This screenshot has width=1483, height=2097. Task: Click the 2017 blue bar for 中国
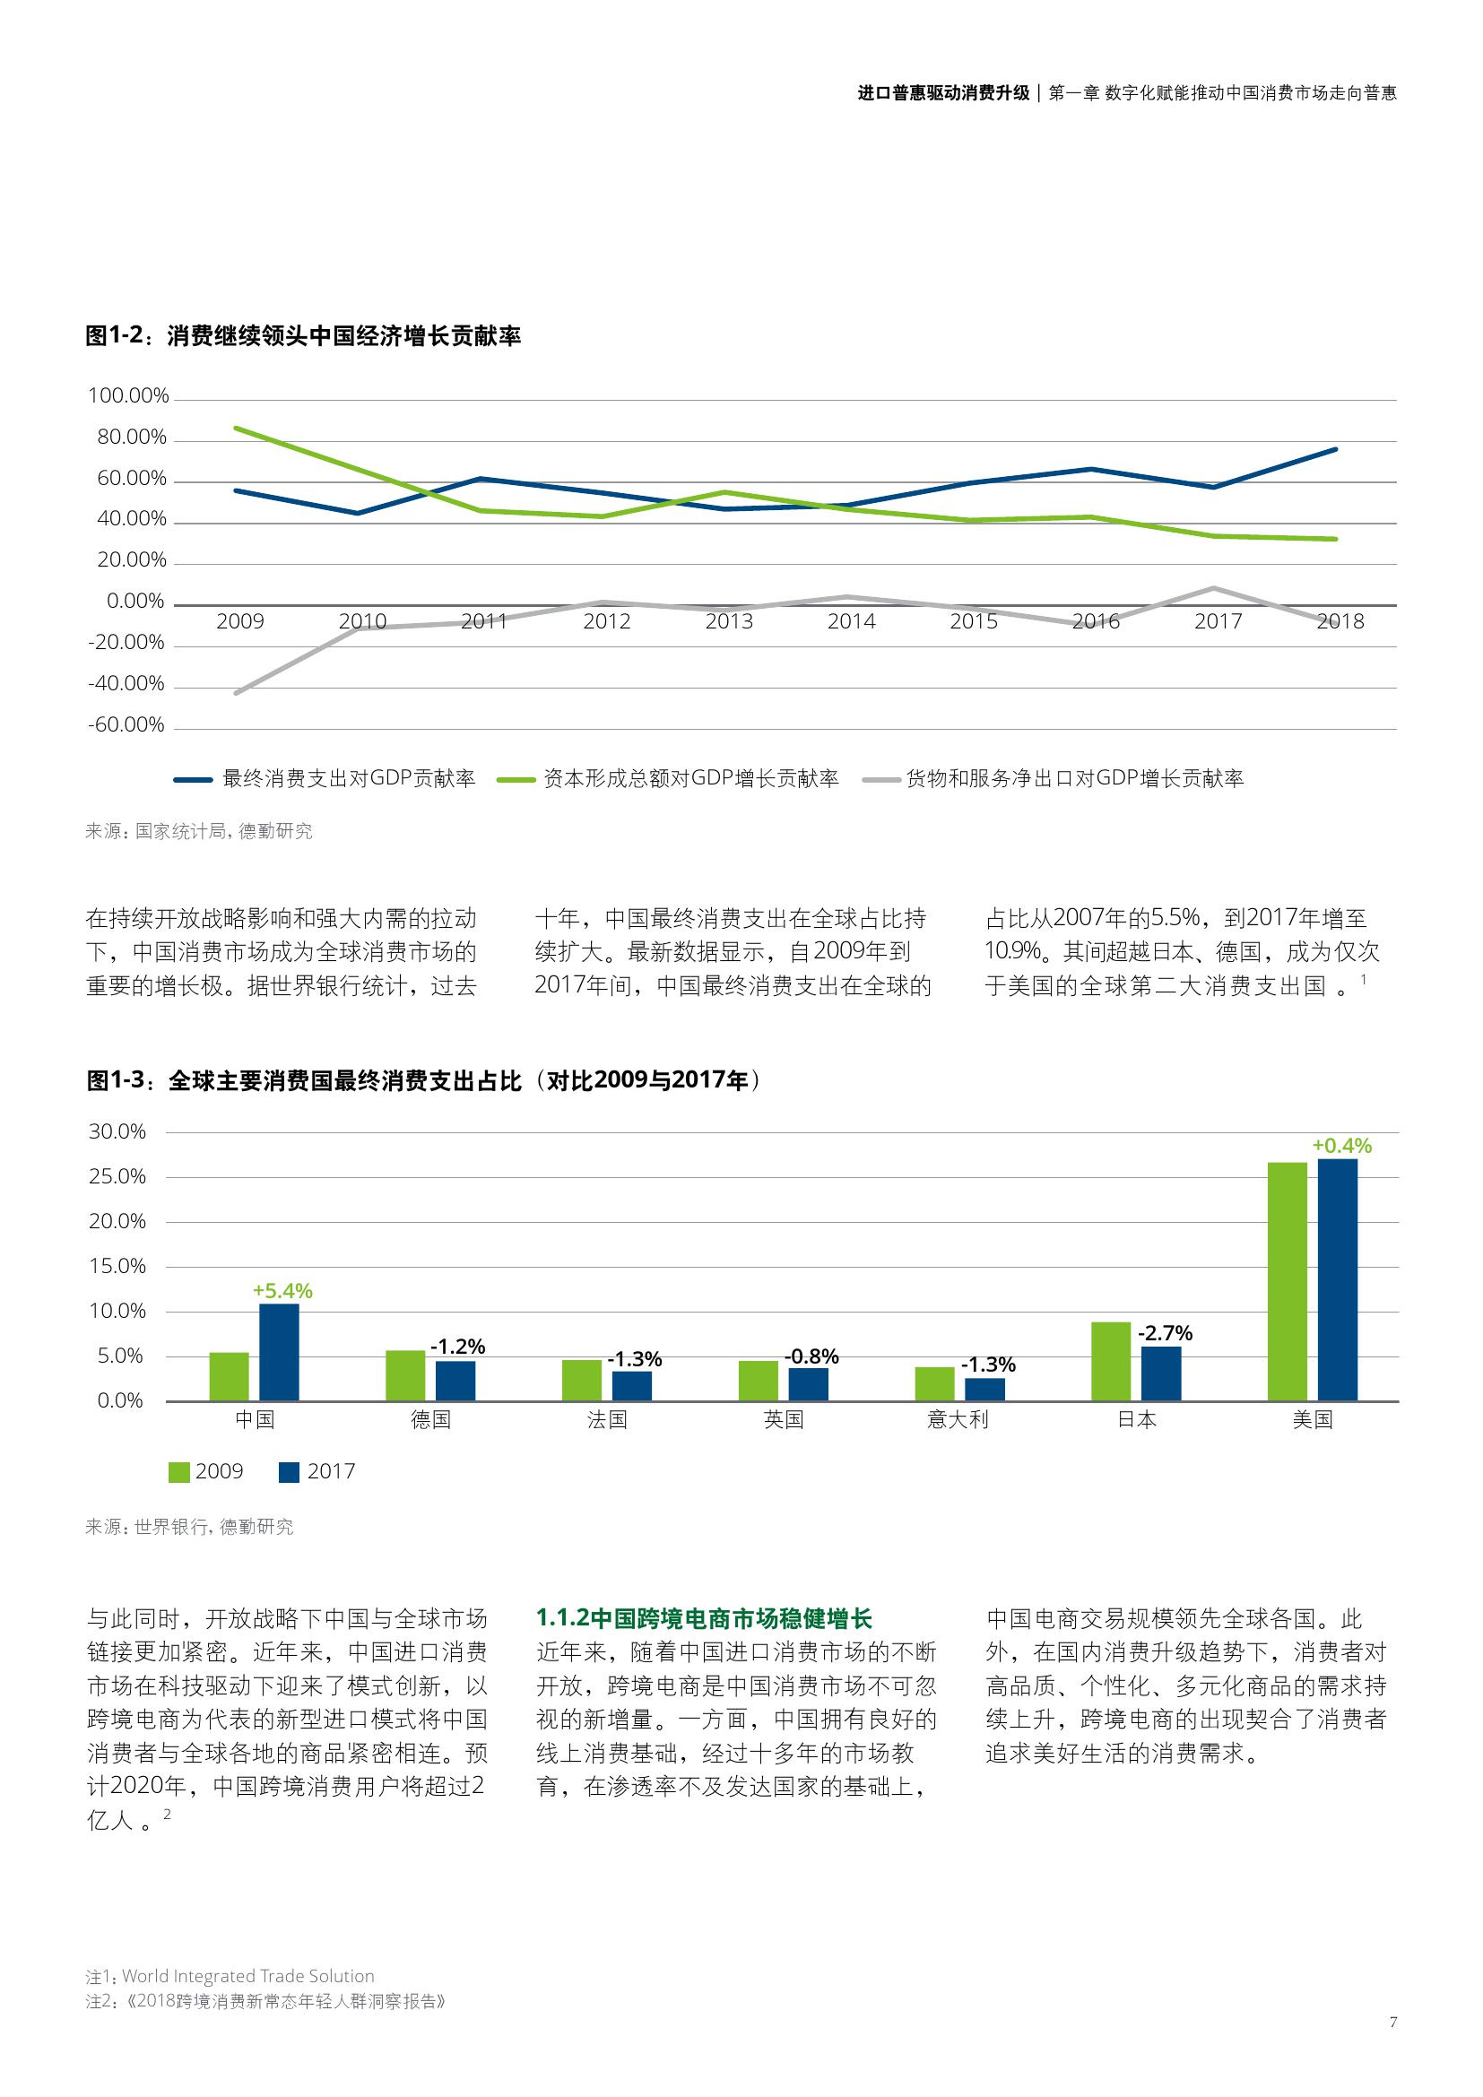click(x=279, y=1352)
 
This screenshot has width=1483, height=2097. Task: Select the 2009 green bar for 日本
click(x=1110, y=1361)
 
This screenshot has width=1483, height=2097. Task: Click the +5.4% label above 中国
click(x=283, y=1290)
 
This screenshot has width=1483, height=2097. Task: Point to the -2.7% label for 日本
click(x=1166, y=1333)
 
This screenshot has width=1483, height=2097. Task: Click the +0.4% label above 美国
click(x=1341, y=1145)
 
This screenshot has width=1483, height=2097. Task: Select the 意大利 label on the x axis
click(x=958, y=1419)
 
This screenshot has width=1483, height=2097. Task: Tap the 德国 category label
click(x=430, y=1419)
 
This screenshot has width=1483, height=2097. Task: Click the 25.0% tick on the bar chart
click(x=117, y=1176)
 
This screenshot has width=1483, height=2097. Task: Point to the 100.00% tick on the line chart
click(x=129, y=395)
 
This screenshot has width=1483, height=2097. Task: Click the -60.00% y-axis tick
click(x=126, y=725)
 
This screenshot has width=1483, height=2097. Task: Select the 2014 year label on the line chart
click(x=851, y=622)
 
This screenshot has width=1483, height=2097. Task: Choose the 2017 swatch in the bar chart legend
click(x=290, y=1471)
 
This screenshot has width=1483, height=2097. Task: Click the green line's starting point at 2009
click(x=237, y=428)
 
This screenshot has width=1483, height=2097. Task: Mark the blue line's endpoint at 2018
click(x=1336, y=449)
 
